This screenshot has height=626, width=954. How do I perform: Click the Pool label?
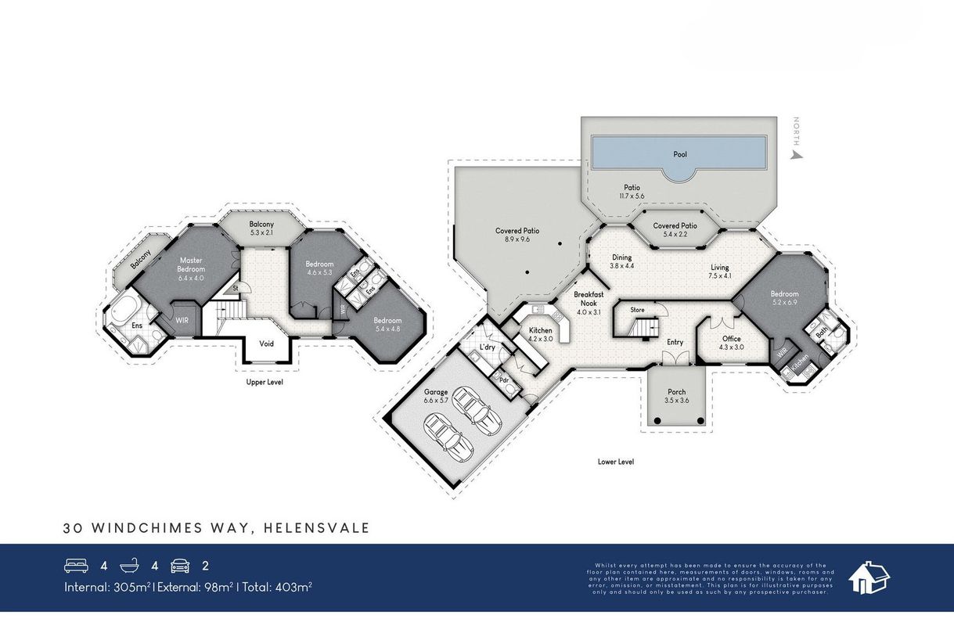(680, 154)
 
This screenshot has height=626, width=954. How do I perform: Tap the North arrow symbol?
(797, 155)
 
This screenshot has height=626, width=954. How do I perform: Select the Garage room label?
(436, 391)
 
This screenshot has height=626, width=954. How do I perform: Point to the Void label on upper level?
(267, 344)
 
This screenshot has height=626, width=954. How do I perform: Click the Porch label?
(676, 392)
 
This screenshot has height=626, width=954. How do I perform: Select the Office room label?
(732, 339)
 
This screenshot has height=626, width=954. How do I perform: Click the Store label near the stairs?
(637, 310)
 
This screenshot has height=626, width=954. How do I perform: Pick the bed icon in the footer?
(75, 565)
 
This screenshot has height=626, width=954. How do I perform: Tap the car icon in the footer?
(180, 565)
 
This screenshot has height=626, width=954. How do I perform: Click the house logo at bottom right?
(869, 577)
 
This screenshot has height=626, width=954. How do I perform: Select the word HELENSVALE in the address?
(317, 529)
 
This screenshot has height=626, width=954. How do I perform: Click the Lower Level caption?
(614, 462)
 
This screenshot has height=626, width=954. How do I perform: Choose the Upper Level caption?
(265, 383)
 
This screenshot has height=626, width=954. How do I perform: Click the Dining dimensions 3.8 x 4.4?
(621, 266)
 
